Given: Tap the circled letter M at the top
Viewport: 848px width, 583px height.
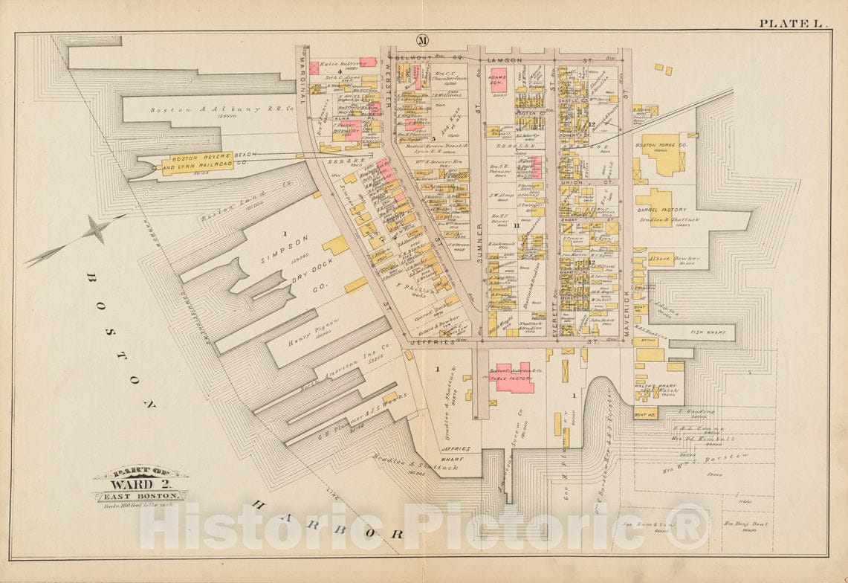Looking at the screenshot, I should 422,40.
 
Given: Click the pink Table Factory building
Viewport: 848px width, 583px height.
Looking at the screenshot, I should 514,379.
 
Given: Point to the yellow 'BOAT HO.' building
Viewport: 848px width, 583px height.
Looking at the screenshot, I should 644,414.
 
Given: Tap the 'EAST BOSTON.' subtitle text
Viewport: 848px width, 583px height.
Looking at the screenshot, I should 140,495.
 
